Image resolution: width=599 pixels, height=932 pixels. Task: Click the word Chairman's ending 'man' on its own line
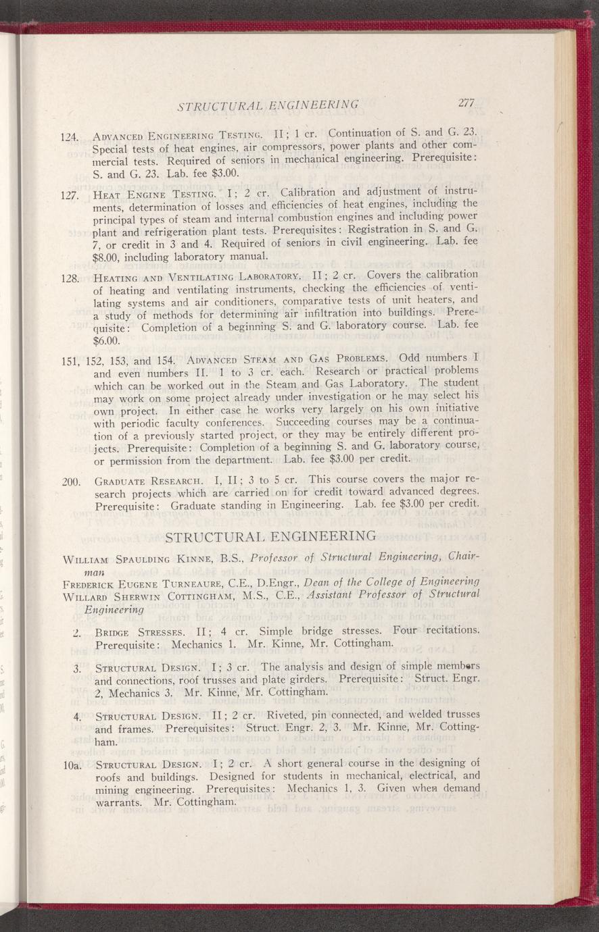point(94,571)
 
